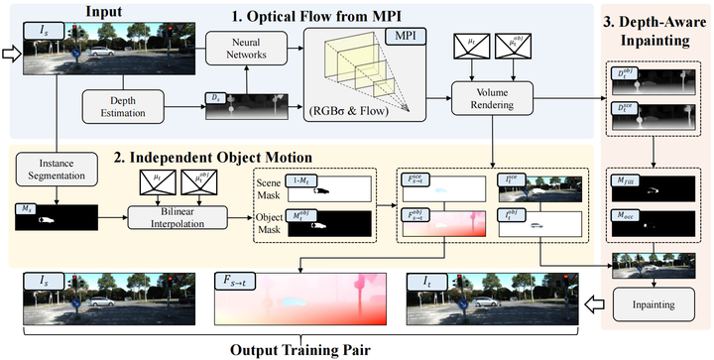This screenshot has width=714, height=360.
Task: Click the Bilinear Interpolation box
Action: (175, 218)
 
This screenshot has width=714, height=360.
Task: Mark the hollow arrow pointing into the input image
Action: (11, 54)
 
